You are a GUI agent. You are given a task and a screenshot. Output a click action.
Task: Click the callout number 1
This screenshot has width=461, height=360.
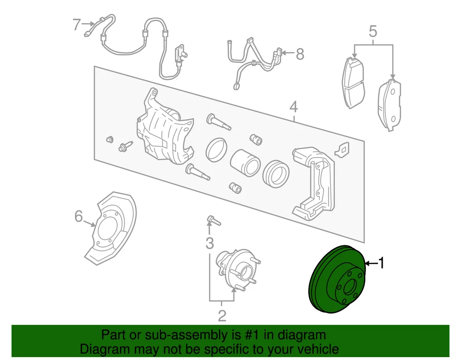coord(382,263)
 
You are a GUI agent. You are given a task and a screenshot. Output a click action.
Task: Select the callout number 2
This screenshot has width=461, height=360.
coord(221,316)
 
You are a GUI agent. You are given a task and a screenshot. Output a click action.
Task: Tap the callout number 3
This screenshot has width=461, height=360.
coord(209,243)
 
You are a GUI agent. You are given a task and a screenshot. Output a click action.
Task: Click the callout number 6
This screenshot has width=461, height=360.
coord(79,217)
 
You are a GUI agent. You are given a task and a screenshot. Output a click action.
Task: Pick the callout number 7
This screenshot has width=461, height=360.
coord(77,24)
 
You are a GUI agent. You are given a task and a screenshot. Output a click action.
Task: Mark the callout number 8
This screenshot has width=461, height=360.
coord(300,54)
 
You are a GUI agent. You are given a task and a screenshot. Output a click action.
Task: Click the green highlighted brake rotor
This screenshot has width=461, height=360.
coord(331,284)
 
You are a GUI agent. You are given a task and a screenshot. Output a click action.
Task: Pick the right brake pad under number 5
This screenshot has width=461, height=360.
coord(390,105)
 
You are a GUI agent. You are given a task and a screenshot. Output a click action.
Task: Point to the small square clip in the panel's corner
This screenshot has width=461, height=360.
coord(343,149)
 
